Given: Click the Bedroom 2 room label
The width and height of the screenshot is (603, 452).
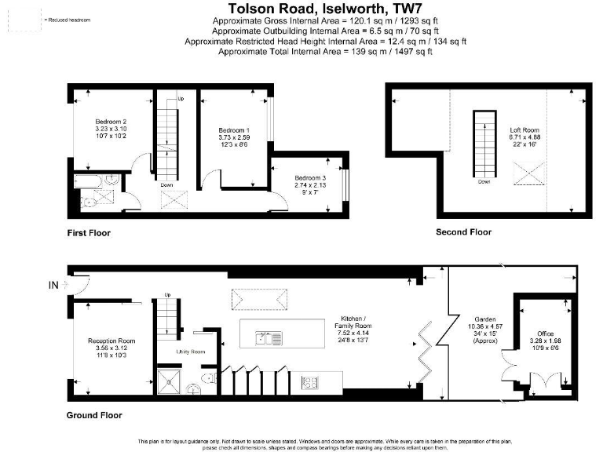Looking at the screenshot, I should tap(111, 122).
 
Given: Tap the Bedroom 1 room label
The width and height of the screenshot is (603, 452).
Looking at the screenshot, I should tap(234, 129).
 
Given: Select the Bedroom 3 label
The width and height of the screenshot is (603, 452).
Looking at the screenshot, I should tap(310, 178).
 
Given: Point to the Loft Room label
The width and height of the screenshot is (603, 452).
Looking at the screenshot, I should tap(524, 130).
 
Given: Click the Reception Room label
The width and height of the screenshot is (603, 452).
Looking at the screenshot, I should tap(111, 341).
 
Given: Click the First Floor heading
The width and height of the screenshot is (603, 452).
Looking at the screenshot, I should tap(89, 233).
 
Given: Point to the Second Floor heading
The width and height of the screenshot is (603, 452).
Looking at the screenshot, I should tap(463, 232).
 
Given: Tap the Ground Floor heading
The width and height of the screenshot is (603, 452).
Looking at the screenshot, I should tap(94, 415).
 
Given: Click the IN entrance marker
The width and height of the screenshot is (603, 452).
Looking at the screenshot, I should tap(53, 286).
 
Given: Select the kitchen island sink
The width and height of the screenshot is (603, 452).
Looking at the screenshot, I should tap(268, 339).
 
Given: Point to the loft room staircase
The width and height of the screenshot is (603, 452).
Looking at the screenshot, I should tap(484, 144).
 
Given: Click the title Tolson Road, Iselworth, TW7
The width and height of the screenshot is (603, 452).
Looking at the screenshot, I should tap(325, 10).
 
